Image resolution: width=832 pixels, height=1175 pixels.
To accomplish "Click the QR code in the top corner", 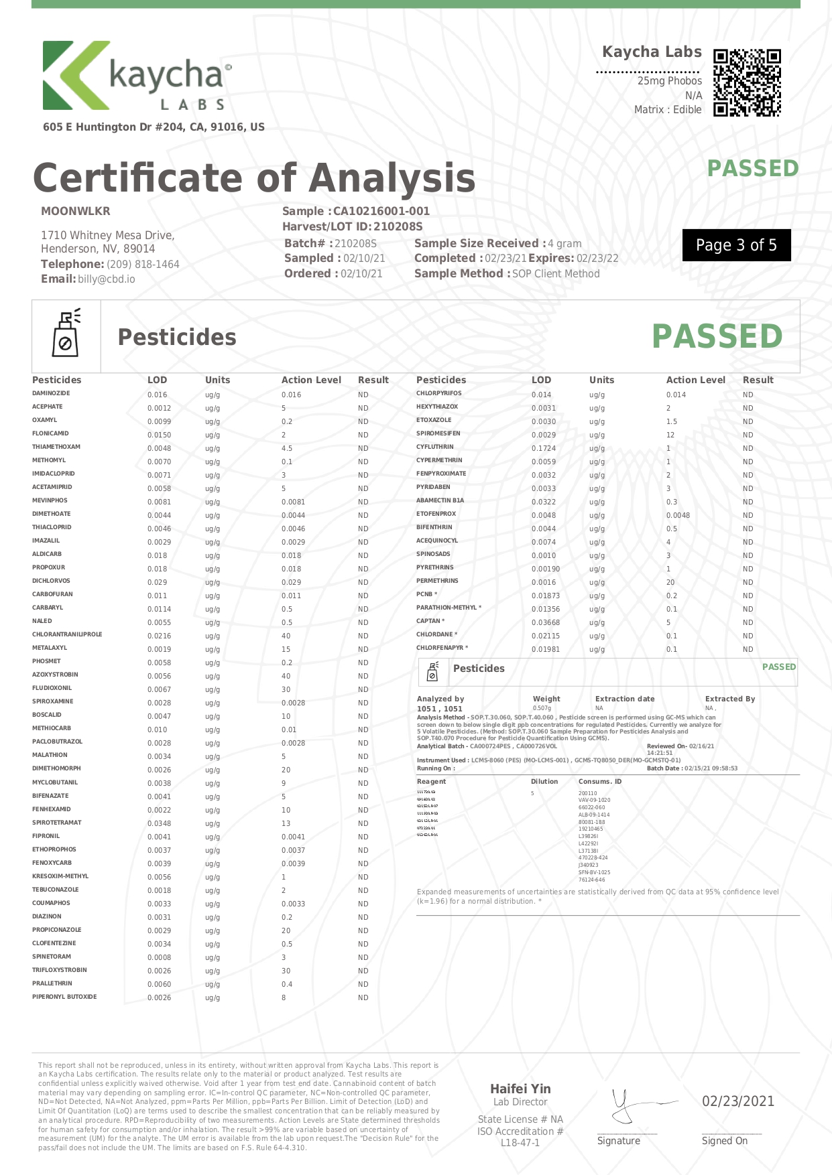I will coord(747,83).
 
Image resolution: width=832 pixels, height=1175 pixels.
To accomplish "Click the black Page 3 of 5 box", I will coord(736,245).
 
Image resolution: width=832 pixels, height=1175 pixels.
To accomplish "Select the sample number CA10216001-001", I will coord(381,211).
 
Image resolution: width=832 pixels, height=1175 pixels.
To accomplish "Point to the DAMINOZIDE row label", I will coord(51,393).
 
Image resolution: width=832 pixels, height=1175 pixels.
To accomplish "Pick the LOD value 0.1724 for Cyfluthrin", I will coord(544,448).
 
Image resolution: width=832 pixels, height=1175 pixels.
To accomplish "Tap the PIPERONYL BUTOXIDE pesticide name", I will coord(64,997).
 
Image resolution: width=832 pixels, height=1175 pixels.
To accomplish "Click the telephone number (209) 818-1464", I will coord(143,265).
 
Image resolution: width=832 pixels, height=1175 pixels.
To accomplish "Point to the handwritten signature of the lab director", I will coord(634,1105).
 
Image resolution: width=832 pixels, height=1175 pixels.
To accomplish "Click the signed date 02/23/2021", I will coord(737,1101).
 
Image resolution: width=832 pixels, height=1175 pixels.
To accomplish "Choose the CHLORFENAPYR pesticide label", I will coord(440,648).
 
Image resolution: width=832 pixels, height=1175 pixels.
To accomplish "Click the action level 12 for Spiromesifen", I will coord(670,435).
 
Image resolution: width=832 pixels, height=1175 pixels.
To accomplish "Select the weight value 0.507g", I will coord(542,708).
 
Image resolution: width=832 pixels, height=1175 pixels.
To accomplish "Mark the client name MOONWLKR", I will coord(76,211).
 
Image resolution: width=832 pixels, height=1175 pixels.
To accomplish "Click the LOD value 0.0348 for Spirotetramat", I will coord(159,823).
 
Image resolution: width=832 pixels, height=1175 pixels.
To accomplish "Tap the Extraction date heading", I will coord(625,699).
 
